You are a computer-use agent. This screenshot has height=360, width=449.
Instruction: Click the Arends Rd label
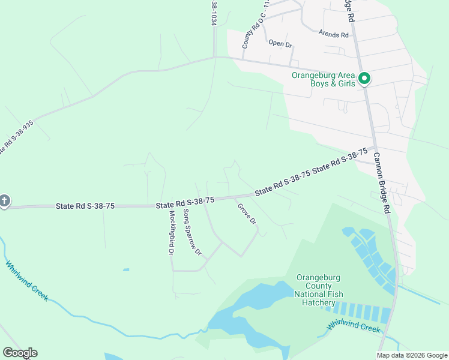click(x=334, y=35)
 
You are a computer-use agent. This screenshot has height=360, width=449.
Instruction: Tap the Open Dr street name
click(x=280, y=43)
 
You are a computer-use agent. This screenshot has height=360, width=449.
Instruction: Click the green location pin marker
click(x=364, y=79)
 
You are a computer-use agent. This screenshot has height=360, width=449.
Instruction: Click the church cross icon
click(x=4, y=201)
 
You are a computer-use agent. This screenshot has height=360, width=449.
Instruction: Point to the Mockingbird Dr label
click(x=171, y=232)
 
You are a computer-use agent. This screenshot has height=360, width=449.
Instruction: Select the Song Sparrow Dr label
click(x=191, y=232)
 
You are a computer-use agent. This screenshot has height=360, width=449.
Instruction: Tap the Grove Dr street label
click(x=247, y=214)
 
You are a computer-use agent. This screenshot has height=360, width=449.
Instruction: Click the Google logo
click(x=20, y=353)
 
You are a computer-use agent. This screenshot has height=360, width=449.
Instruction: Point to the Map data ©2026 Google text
click(x=411, y=355)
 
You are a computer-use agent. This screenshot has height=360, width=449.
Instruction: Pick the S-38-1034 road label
click(x=213, y=12)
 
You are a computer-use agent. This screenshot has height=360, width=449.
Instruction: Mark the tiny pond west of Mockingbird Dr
click(x=125, y=270)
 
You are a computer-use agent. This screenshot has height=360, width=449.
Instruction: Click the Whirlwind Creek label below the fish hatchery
click(x=354, y=328)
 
